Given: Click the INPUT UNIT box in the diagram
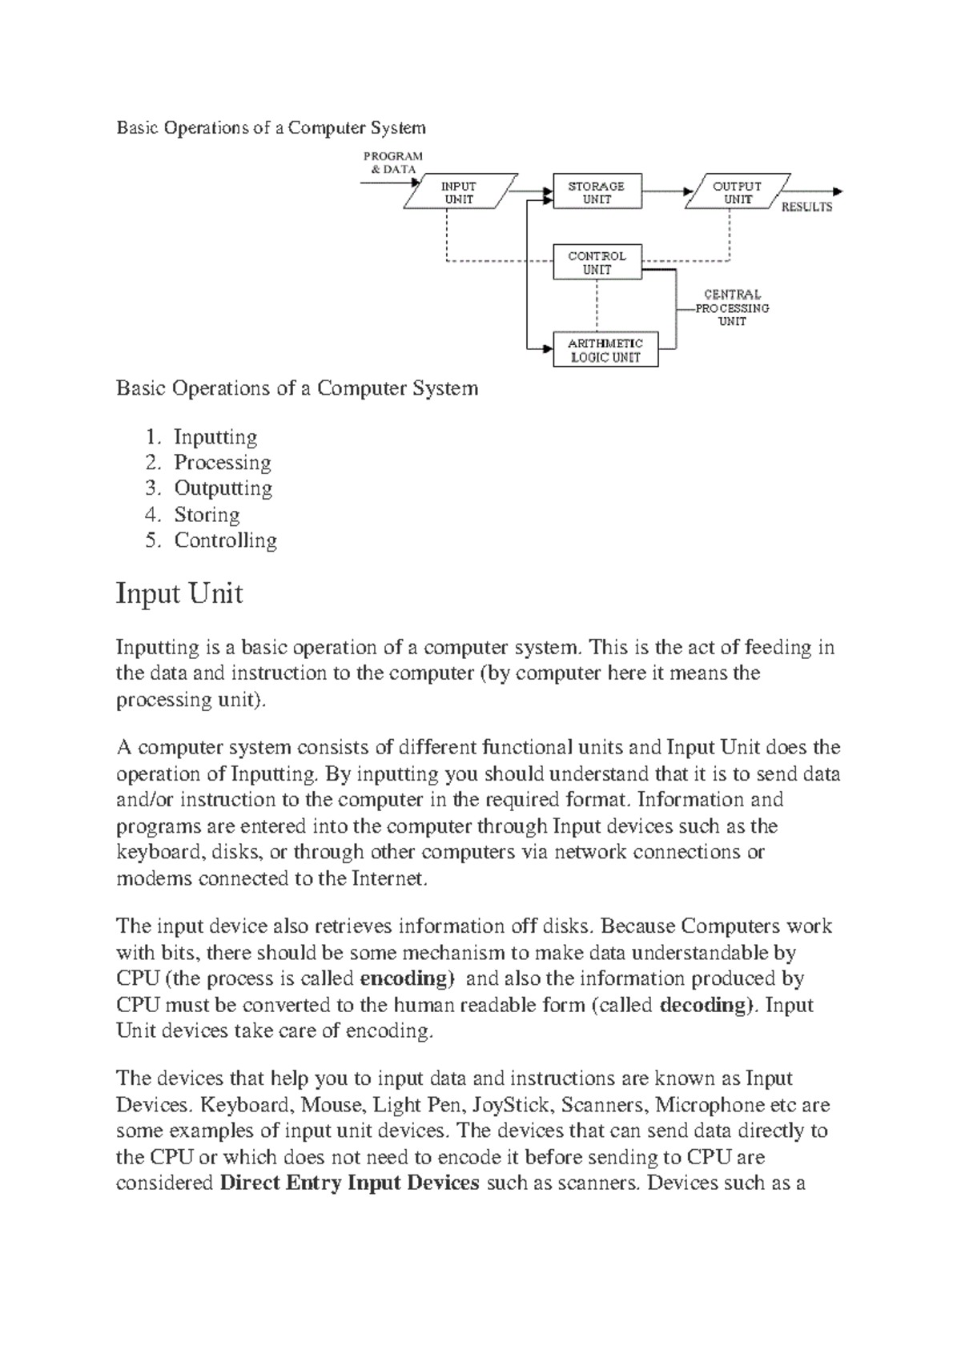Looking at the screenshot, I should click(460, 192).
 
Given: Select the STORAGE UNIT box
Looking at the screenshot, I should click(597, 192).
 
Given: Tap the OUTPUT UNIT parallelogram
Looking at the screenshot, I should click(738, 192).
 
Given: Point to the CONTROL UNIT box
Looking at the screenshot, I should click(597, 263).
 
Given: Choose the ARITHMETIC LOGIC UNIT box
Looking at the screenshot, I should click(605, 350).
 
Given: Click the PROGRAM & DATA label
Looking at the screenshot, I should click(392, 163).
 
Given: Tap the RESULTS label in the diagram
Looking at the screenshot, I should click(806, 207).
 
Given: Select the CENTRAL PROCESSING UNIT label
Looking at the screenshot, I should click(732, 308).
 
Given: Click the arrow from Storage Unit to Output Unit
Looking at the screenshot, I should click(665, 192).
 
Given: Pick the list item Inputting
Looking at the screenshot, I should click(215, 437).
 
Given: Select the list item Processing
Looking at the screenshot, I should click(223, 463).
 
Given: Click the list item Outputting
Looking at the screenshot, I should click(223, 488).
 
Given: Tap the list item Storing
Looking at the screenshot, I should click(207, 515).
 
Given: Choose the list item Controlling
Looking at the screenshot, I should click(226, 540).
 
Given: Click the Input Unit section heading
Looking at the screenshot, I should click(179, 594).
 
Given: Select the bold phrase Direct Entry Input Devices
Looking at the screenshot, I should click(349, 1183).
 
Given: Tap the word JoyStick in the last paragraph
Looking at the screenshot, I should click(511, 1106).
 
